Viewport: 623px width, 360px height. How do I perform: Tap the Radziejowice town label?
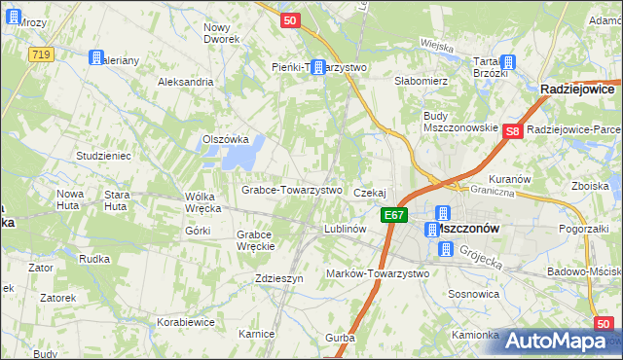pos(580,89)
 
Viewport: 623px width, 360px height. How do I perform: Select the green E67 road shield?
pos(393,215)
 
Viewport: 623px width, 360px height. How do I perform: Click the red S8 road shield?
pos(514,130)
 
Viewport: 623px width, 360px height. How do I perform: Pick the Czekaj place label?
pos(371,194)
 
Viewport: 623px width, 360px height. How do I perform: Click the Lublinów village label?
pos(344,229)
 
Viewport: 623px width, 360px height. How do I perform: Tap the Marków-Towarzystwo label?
pos(378,273)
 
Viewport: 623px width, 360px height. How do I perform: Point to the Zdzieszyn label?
pos(279,277)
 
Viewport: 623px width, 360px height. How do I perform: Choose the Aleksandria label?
pos(185,82)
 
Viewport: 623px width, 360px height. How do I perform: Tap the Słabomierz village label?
pos(420,81)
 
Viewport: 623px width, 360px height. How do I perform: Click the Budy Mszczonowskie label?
pos(459,122)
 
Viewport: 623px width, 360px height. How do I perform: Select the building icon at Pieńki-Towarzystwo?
pos(317,66)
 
